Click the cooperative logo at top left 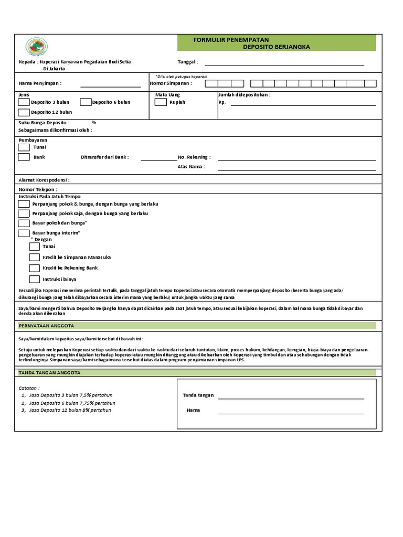pos(37,47)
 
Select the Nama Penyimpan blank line pos(110,85)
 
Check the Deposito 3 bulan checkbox pos(24,102)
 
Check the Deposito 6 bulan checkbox pos(85,102)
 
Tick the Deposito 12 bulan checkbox pos(24,112)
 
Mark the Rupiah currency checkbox pos(161,102)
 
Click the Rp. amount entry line pos(303,105)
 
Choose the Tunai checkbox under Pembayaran pos(24,147)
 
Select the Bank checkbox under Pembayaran pos(24,157)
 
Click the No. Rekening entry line pos(296,159)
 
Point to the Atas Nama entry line pos(296,169)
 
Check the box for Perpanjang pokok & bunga pos(24,203)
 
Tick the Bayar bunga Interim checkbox pos(24,233)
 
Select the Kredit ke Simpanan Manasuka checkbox pos(34,257)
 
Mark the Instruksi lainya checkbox pos(34,279)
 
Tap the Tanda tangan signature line pos(291,398)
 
